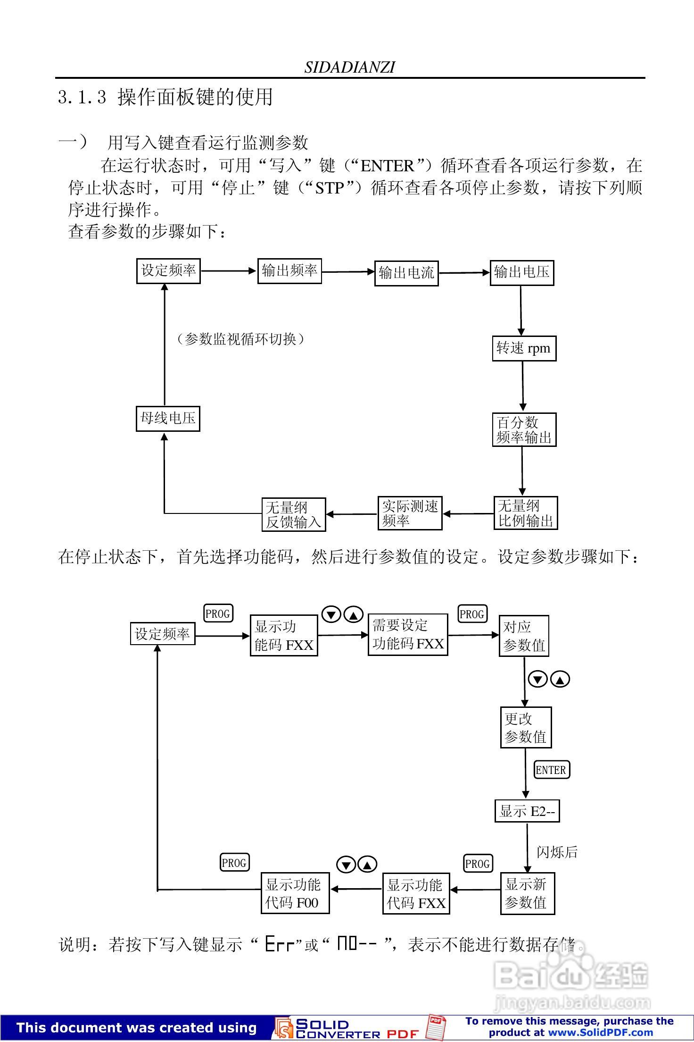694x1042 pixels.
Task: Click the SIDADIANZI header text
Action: pos(349,67)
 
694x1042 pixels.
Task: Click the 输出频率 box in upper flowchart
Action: pos(289,271)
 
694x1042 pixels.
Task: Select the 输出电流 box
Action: pos(406,273)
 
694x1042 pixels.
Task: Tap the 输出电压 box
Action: pos(521,273)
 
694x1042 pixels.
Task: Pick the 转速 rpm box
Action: pos(524,349)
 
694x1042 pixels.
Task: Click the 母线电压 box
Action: pos(168,418)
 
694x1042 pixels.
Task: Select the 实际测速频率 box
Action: pos(410,513)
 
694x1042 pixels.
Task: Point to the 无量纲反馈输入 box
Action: pos(294,515)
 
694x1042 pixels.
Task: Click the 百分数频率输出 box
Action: pos(524,430)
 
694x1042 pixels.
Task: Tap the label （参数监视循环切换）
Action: pos(240,339)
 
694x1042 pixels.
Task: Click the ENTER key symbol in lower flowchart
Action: pos(552,770)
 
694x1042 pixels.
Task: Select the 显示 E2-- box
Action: pos(527,811)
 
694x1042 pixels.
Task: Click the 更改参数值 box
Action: pos(526,727)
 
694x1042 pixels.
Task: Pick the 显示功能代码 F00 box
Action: pos(295,893)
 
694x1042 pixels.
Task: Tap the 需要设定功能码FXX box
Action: pos(407,635)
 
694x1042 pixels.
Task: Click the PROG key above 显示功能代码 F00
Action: pos(234,863)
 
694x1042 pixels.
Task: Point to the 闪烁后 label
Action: pos(557,852)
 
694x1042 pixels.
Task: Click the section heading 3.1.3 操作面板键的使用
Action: pos(165,97)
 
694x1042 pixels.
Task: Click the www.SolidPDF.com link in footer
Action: pos(600,1033)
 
